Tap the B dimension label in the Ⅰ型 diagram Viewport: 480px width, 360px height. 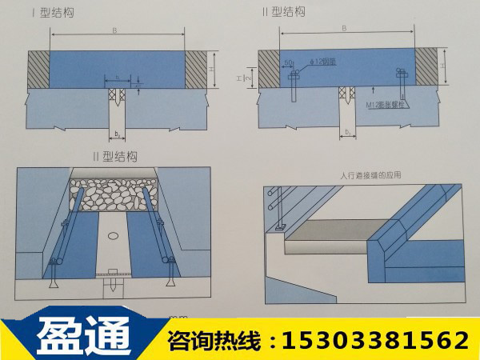[x=116, y=30]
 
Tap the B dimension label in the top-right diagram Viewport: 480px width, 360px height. [x=344, y=27]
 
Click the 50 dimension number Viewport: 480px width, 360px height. [x=286, y=61]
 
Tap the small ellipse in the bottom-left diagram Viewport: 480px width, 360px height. [x=112, y=236]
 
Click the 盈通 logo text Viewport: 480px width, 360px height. [x=83, y=338]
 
